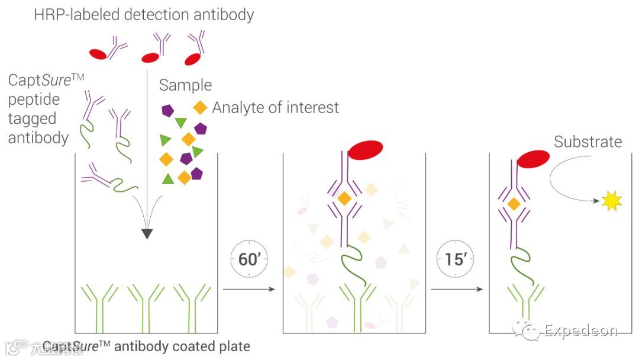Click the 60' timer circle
point(249,259)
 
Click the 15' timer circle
point(456,259)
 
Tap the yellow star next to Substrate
point(610,201)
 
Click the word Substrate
point(588,142)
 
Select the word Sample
point(185,85)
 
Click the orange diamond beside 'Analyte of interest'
point(201,108)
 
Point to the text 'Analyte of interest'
point(275,108)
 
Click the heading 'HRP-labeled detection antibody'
point(144,14)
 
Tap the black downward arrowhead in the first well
point(147,233)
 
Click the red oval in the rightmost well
point(533,159)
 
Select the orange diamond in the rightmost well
point(514,204)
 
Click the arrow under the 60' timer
point(249,289)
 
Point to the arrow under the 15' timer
point(456,289)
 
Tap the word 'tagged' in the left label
point(32,118)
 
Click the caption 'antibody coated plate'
point(182,346)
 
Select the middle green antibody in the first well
point(146,305)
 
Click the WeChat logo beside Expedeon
point(526,330)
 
